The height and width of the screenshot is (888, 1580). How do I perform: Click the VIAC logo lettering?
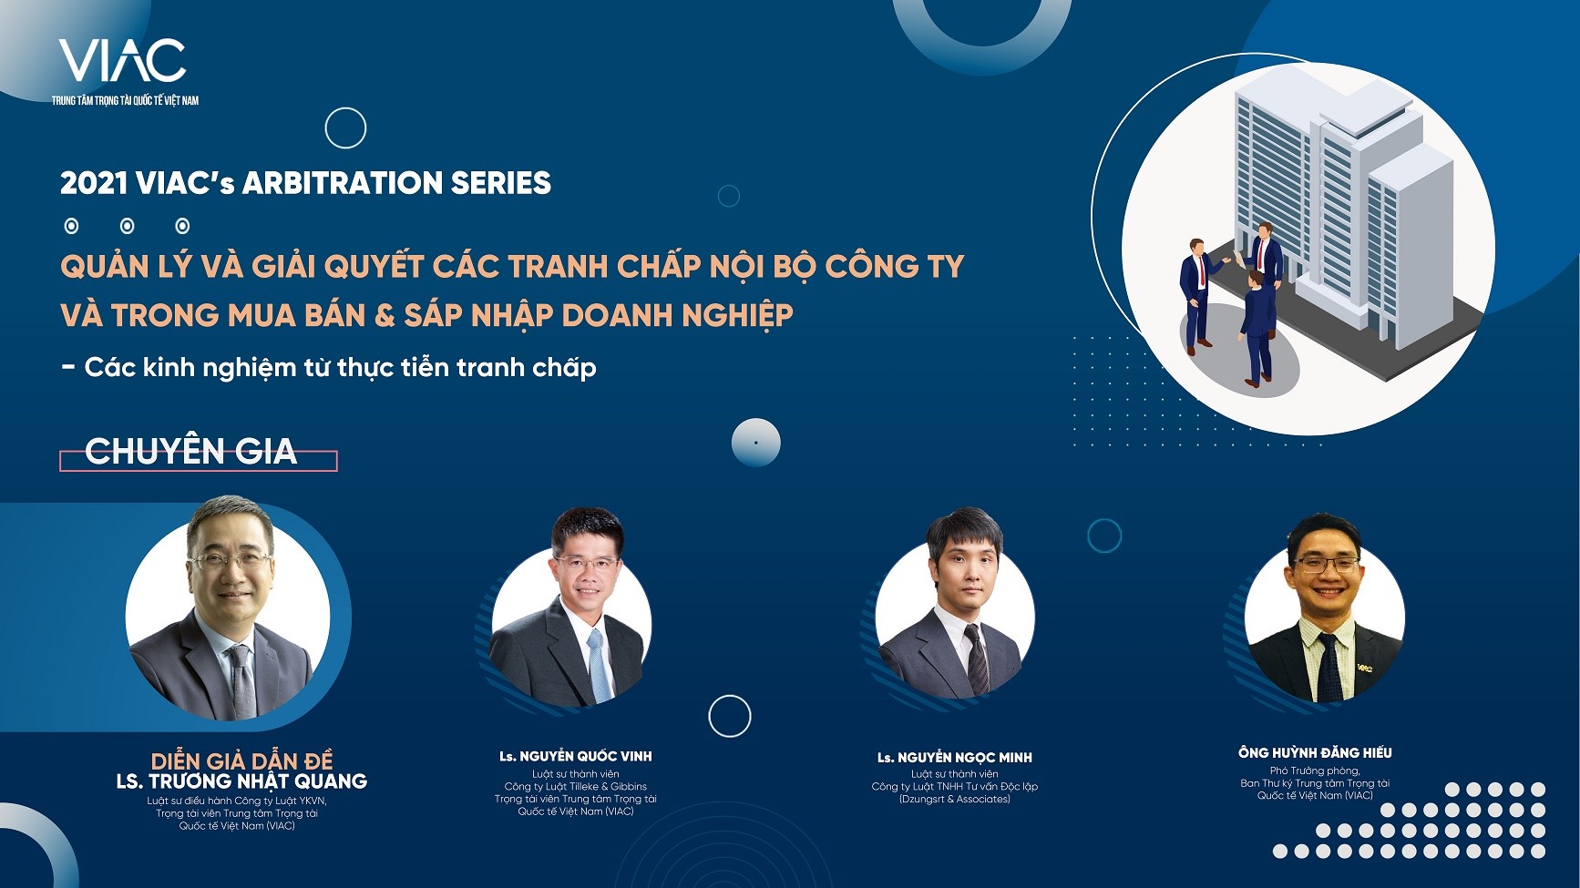tap(123, 61)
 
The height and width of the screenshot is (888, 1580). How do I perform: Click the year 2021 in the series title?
tap(94, 183)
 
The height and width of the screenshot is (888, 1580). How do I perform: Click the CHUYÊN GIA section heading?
tap(190, 451)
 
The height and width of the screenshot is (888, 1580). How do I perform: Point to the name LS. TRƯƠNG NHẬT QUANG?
tap(241, 781)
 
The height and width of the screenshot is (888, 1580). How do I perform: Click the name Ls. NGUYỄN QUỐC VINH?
tap(576, 756)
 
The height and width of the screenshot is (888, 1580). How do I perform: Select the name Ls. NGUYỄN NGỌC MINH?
tap(955, 757)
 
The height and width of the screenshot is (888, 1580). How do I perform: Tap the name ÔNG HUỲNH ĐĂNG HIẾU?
tap(1315, 752)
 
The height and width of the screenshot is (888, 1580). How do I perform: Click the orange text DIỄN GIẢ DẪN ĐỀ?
tap(241, 761)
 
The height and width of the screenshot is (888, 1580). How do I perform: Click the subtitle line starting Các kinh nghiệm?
tap(329, 368)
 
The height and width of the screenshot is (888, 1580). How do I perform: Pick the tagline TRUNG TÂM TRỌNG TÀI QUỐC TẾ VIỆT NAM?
tap(125, 100)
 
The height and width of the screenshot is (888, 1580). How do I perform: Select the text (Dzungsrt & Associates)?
tap(955, 799)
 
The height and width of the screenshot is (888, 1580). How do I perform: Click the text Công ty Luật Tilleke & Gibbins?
tap(576, 786)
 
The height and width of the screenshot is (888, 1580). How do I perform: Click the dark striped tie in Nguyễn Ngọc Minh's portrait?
tap(977, 659)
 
